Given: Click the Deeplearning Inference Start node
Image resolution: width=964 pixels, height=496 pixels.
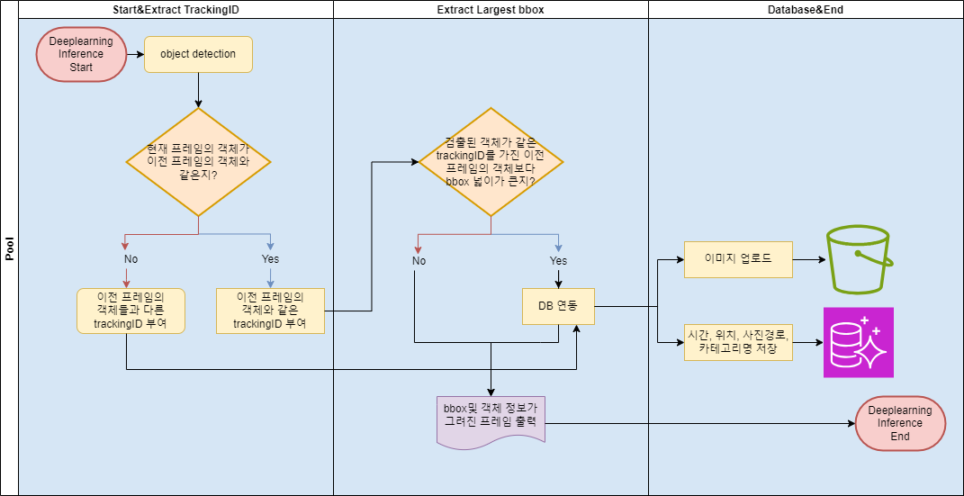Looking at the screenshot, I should click(81, 54).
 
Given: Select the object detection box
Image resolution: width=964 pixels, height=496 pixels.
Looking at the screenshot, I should click(198, 54).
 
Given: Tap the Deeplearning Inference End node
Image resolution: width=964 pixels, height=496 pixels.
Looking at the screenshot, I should click(900, 423).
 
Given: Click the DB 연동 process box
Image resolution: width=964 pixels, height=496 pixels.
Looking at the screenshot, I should click(558, 306).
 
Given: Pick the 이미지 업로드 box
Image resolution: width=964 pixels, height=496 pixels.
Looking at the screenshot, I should click(738, 259).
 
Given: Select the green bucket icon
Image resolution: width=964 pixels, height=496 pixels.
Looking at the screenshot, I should click(859, 260).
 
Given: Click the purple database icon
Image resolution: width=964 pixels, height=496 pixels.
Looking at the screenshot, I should click(858, 342).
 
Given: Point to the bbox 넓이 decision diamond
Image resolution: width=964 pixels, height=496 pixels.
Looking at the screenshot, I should click(491, 162).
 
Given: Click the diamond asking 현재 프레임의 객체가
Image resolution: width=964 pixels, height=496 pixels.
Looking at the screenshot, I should click(198, 162).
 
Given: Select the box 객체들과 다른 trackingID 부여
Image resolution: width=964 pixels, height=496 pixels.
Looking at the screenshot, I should click(131, 311).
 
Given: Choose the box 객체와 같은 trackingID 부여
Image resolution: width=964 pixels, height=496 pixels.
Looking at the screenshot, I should click(270, 311).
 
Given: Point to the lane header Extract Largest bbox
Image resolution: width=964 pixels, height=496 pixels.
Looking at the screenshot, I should click(491, 9).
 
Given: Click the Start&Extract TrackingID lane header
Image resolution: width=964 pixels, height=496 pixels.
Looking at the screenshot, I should click(176, 9).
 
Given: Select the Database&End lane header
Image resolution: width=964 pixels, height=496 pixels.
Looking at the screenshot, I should click(806, 9).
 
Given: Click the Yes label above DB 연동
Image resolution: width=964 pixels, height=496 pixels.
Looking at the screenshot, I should click(558, 261).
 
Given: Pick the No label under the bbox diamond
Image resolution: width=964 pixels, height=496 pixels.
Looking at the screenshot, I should click(419, 261).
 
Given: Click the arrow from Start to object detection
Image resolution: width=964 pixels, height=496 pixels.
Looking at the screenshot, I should click(135, 54).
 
